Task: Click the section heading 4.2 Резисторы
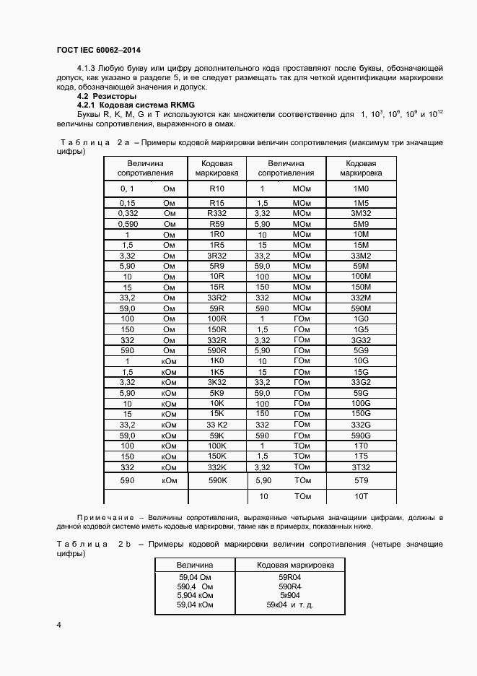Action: [107, 96]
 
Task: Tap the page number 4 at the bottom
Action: [58, 623]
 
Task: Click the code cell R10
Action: [216, 188]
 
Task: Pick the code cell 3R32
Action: [216, 256]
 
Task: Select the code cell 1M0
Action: [360, 188]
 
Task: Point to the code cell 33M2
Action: [360, 256]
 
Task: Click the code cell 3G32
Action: [360, 340]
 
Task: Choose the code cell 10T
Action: [360, 497]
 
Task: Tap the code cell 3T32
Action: [360, 467]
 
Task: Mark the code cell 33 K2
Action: [216, 425]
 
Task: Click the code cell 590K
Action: [216, 480]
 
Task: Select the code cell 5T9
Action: [360, 480]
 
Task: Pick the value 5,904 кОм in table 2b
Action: [195, 595]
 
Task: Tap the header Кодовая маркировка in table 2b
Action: [295, 565]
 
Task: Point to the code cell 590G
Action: [360, 436]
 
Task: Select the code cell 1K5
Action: [216, 372]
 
